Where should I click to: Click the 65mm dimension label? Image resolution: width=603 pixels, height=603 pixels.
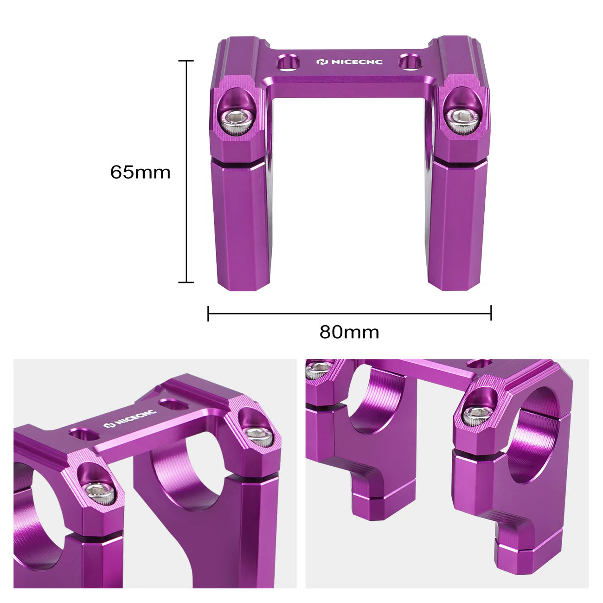coord(140,173)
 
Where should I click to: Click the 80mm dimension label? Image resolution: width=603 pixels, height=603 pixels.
coord(349,332)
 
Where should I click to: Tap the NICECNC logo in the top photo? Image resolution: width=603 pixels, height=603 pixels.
coord(350,62)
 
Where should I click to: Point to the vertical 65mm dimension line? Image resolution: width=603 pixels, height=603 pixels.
coord(186,172)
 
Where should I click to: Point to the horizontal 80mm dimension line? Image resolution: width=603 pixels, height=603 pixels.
coord(349,314)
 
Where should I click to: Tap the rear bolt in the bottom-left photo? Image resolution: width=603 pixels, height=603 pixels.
coord(255,436)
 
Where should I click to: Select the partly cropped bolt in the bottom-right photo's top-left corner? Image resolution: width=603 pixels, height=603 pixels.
coord(318,369)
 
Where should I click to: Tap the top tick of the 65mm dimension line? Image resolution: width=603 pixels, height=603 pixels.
coord(186,61)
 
